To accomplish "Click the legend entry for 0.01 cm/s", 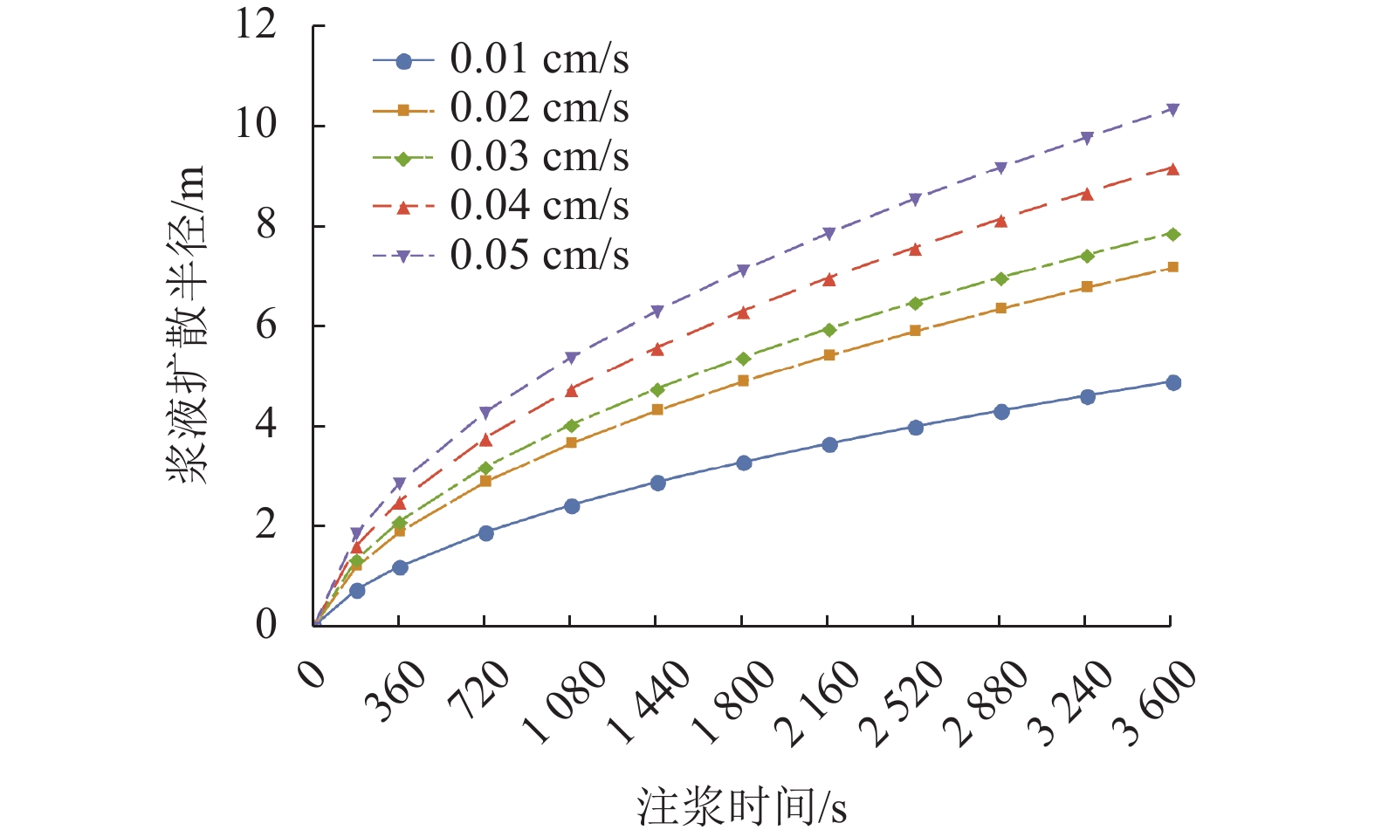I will (x=539, y=59).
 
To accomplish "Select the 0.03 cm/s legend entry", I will (x=539, y=157).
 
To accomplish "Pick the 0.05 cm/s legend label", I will (x=539, y=256).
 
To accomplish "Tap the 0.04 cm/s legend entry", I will (x=539, y=206).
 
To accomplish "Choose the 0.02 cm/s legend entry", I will (x=539, y=108).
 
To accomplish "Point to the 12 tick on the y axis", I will (x=256, y=24).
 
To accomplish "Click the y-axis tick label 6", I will (x=265, y=326).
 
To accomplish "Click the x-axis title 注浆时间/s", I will (x=741, y=806).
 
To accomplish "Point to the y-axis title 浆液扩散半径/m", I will (x=187, y=325).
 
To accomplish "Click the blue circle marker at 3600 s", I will (x=1173, y=382).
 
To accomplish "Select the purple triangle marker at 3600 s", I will (x=1173, y=109).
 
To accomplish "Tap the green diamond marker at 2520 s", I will (x=915, y=303).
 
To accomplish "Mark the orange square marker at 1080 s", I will (x=571, y=443).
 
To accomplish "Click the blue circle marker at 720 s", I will (x=486, y=533).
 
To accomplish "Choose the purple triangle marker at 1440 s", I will (x=657, y=312).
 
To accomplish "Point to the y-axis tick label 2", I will (x=265, y=525).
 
